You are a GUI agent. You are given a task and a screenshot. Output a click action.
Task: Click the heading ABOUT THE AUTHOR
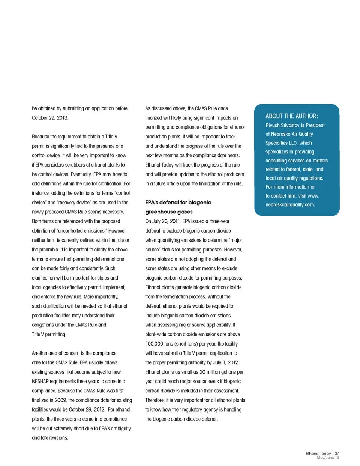click(291, 116)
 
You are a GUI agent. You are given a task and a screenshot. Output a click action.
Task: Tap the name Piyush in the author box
click(273, 125)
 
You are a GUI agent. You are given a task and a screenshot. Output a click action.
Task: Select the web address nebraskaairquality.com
click(290, 205)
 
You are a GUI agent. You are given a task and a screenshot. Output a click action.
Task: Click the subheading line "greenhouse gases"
click(169, 212)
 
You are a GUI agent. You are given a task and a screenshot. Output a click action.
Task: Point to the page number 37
click(337, 453)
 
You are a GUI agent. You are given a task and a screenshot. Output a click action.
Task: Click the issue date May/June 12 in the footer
click(327, 458)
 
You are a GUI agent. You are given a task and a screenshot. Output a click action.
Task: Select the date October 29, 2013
click(50, 118)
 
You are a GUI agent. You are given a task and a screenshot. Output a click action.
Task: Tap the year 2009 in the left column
click(60, 400)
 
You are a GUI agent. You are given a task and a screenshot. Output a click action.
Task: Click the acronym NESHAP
click(42, 382)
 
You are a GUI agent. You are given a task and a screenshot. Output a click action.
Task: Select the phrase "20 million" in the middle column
click(216, 372)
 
